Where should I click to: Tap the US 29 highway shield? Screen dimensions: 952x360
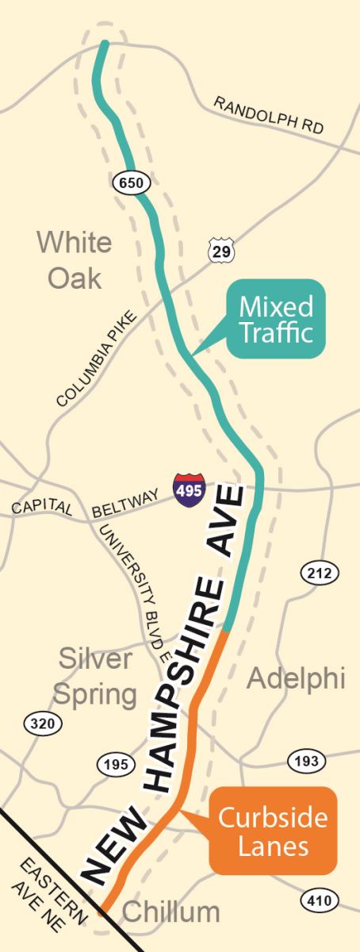(x=220, y=251)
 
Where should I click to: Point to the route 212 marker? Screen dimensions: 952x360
(x=320, y=572)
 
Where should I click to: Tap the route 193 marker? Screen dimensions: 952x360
(x=305, y=760)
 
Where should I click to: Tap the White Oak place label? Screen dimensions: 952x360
(x=75, y=259)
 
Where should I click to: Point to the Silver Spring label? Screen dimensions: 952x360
(x=94, y=678)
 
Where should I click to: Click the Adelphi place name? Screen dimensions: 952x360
(x=296, y=679)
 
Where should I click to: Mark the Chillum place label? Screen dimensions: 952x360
(x=171, y=912)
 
